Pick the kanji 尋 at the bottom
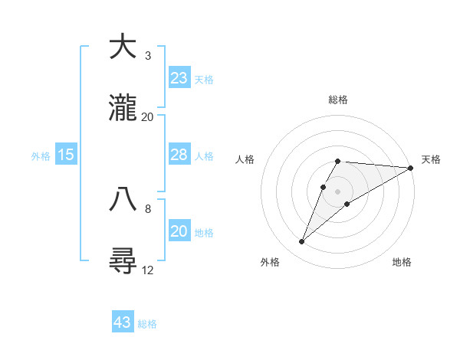[x=123, y=261]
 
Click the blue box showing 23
[x=179, y=78]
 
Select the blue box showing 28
[x=179, y=155]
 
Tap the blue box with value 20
[x=179, y=231]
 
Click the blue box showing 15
[x=66, y=155]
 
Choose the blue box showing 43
[x=123, y=322]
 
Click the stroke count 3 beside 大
[x=148, y=56]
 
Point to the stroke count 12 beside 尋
[x=148, y=270]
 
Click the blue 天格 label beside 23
[x=204, y=79]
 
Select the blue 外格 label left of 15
[x=41, y=155]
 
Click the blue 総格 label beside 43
[x=147, y=323]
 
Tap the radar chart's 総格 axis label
[x=338, y=100]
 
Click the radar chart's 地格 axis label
[x=402, y=262]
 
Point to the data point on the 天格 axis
[x=411, y=168]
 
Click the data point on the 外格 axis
[x=302, y=242]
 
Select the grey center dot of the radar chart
[x=338, y=191]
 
